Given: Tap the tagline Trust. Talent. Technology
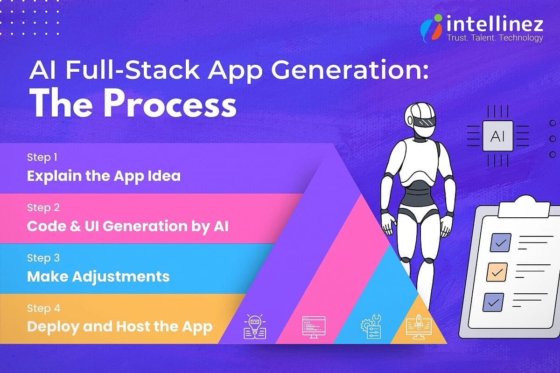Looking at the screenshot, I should pyautogui.click(x=495, y=38).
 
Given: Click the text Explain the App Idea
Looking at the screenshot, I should pyautogui.click(x=104, y=176).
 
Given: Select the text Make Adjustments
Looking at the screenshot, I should pyautogui.click(x=98, y=276).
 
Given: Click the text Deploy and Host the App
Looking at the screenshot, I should pyautogui.click(x=119, y=326).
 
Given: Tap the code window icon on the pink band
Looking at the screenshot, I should pyautogui.click(x=311, y=327).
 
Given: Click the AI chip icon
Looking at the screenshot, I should pyautogui.click(x=497, y=136).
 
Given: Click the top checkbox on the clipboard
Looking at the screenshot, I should pyautogui.click(x=500, y=242).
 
